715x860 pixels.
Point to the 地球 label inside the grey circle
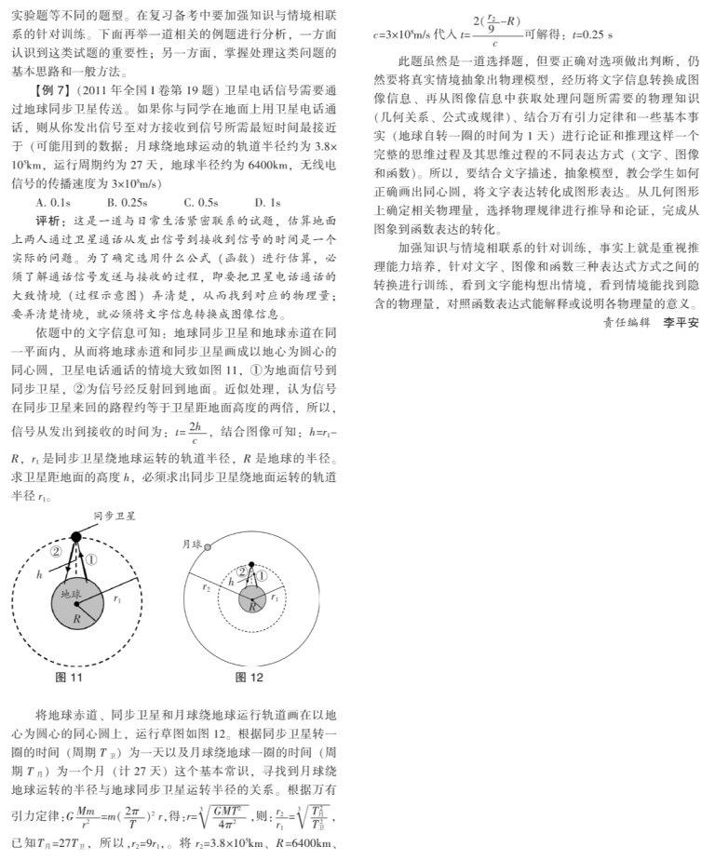point(71,594)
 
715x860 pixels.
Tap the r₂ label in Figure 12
point(206,588)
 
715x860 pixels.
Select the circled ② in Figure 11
point(56,551)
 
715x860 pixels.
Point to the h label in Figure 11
point(39,575)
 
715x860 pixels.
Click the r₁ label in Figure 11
point(116,600)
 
